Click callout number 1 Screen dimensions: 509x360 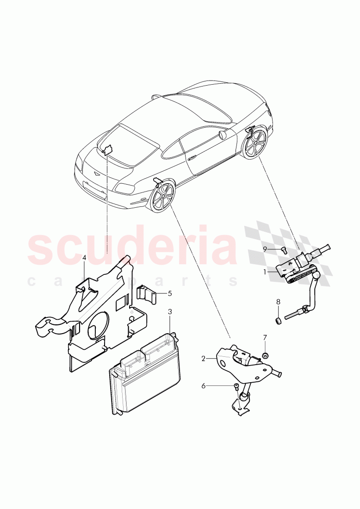[x=265, y=272]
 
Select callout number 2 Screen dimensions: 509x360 [x=203, y=358]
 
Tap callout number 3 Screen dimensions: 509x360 [x=170, y=312]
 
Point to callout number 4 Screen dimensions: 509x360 [x=84, y=257]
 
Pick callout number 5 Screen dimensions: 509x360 [x=170, y=293]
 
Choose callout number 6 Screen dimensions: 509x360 [x=203, y=385]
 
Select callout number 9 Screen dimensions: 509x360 [x=265, y=249]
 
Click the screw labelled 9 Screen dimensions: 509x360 [x=283, y=250]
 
